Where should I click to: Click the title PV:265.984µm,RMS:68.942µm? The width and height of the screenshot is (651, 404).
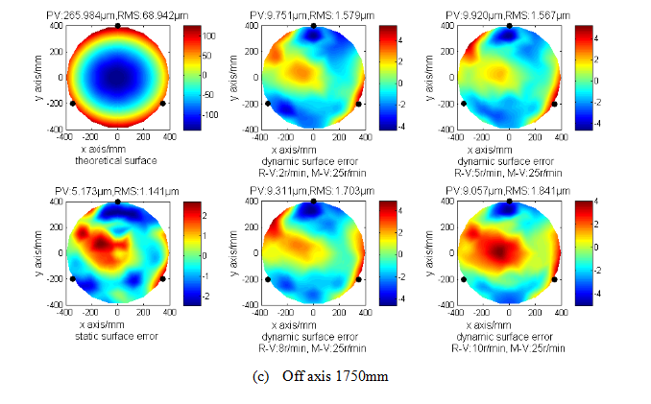(x=116, y=15)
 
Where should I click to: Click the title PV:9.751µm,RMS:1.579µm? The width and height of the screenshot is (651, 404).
(x=312, y=15)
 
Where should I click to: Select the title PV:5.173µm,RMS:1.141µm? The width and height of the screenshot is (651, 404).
(x=116, y=191)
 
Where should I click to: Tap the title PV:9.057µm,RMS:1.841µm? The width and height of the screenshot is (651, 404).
(x=509, y=191)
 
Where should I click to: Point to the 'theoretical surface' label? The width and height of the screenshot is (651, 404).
(x=116, y=160)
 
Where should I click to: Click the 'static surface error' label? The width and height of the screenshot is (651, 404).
(x=116, y=336)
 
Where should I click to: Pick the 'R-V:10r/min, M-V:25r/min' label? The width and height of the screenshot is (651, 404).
(x=509, y=346)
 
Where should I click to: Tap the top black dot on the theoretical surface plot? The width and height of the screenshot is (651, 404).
(x=117, y=26)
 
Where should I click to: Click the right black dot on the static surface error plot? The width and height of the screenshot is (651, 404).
(x=162, y=279)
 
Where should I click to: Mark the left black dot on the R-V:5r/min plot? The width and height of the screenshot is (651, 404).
(x=464, y=103)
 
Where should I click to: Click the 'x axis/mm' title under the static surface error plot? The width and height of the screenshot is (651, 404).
(x=116, y=326)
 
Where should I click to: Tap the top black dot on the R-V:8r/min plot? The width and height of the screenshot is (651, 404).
(x=313, y=202)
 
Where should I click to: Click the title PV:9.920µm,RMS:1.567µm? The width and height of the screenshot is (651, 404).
(x=509, y=15)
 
